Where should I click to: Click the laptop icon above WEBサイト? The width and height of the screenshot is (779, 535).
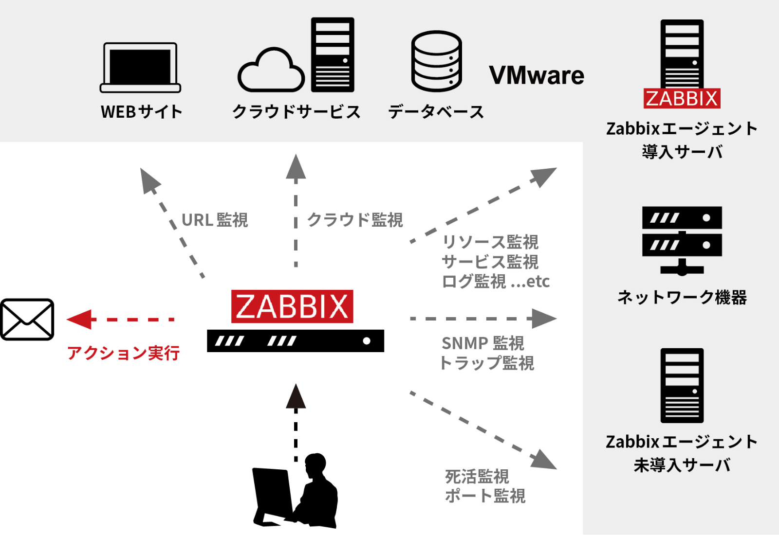click(x=140, y=67)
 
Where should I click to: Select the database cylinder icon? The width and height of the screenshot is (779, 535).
click(x=436, y=61)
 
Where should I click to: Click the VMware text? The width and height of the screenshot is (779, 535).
click(x=536, y=75)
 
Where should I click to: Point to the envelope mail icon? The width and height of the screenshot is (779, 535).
click(x=27, y=320)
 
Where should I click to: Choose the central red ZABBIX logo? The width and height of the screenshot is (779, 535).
click(x=292, y=306)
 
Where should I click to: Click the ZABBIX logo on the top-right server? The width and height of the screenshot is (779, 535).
click(x=682, y=98)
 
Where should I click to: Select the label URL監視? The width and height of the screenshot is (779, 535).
click(x=215, y=220)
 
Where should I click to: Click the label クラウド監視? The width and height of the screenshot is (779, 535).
click(x=355, y=220)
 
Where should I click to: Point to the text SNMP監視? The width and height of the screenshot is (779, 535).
click(x=482, y=343)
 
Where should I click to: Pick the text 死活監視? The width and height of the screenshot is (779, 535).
click(x=477, y=476)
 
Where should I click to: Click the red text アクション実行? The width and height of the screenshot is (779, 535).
click(x=123, y=353)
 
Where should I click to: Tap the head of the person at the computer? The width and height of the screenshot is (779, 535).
click(x=315, y=465)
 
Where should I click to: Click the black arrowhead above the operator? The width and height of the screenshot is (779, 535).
click(x=296, y=396)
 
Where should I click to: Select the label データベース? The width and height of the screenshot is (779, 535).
click(x=436, y=112)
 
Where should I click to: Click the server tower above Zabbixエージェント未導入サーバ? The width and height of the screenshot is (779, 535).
click(x=682, y=385)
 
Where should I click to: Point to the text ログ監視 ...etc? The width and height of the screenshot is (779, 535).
click(x=496, y=281)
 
